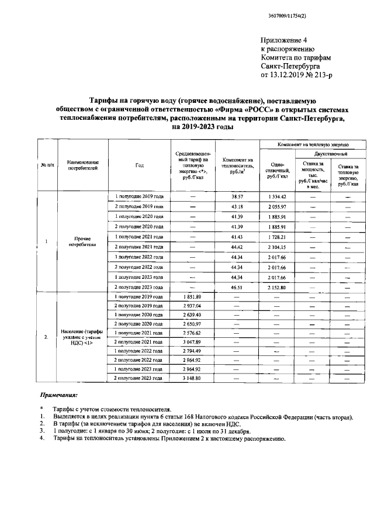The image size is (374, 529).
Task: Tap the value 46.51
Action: pyautogui.click(x=237, y=288)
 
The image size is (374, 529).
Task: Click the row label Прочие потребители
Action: pyautogui.click(x=81, y=241)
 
